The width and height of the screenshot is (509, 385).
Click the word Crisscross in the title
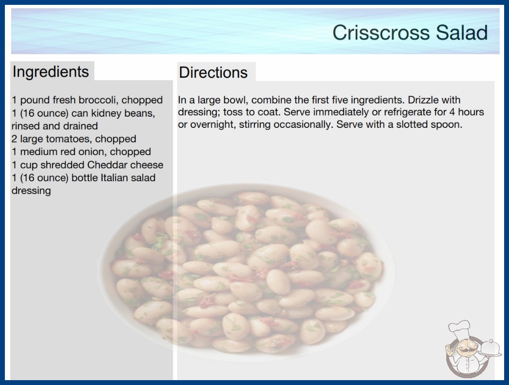[381, 33]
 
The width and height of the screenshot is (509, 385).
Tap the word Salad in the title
[462, 33]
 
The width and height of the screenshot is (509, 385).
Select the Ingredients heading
[51, 72]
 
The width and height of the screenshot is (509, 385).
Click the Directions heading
[213, 72]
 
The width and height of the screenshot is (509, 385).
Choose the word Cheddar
[107, 165]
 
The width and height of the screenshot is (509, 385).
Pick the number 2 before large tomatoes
[14, 139]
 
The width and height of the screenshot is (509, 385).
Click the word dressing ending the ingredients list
[31, 191]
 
